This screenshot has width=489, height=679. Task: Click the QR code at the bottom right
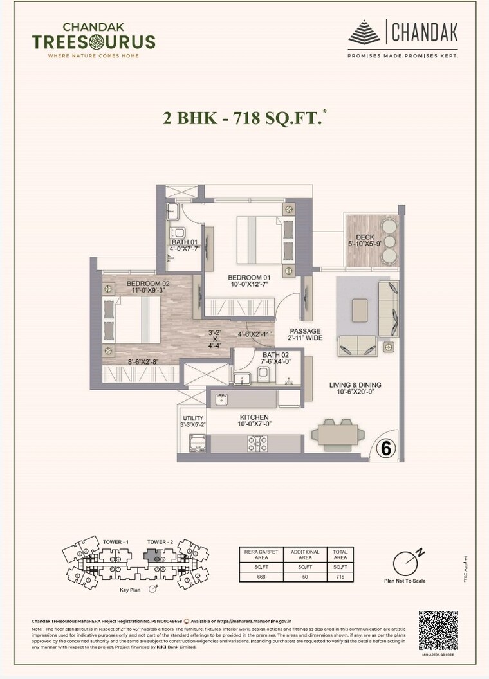point(438,630)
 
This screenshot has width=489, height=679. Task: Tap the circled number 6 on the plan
point(385,448)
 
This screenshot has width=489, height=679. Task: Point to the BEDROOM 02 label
point(148,284)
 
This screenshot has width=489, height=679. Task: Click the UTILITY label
point(193,418)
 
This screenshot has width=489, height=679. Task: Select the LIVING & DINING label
point(355,385)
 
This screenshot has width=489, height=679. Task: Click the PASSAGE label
point(305,331)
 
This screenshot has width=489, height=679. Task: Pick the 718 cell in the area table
point(340,577)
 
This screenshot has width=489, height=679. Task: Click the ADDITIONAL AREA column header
point(305,554)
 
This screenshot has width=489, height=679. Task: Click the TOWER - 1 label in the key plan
point(116,542)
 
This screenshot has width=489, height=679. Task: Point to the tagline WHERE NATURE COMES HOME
point(93,56)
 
